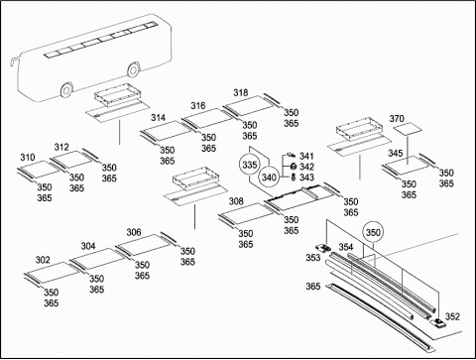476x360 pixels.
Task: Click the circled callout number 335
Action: tap(250, 165)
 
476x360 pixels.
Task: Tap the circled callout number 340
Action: tap(269, 178)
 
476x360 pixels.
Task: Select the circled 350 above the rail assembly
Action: tap(373, 233)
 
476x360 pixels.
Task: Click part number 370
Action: tap(397, 118)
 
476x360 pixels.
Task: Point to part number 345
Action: tap(396, 153)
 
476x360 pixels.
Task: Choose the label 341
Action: tap(306, 156)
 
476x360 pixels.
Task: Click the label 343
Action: tap(306, 178)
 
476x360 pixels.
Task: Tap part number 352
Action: tap(452, 316)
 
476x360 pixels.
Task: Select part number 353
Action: tap(313, 257)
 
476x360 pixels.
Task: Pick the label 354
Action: tap(346, 247)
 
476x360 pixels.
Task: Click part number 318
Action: tap(241, 92)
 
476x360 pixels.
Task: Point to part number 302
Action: tap(43, 260)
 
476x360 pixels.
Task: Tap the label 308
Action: tap(236, 201)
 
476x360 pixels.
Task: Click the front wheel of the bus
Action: tap(66, 89)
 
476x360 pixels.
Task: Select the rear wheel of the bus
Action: tap(133, 69)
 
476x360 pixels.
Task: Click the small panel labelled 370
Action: tap(409, 128)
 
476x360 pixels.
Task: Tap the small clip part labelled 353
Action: tap(323, 248)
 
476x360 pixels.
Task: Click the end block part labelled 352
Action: tap(438, 322)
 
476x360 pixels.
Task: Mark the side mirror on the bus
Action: tap(14, 62)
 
